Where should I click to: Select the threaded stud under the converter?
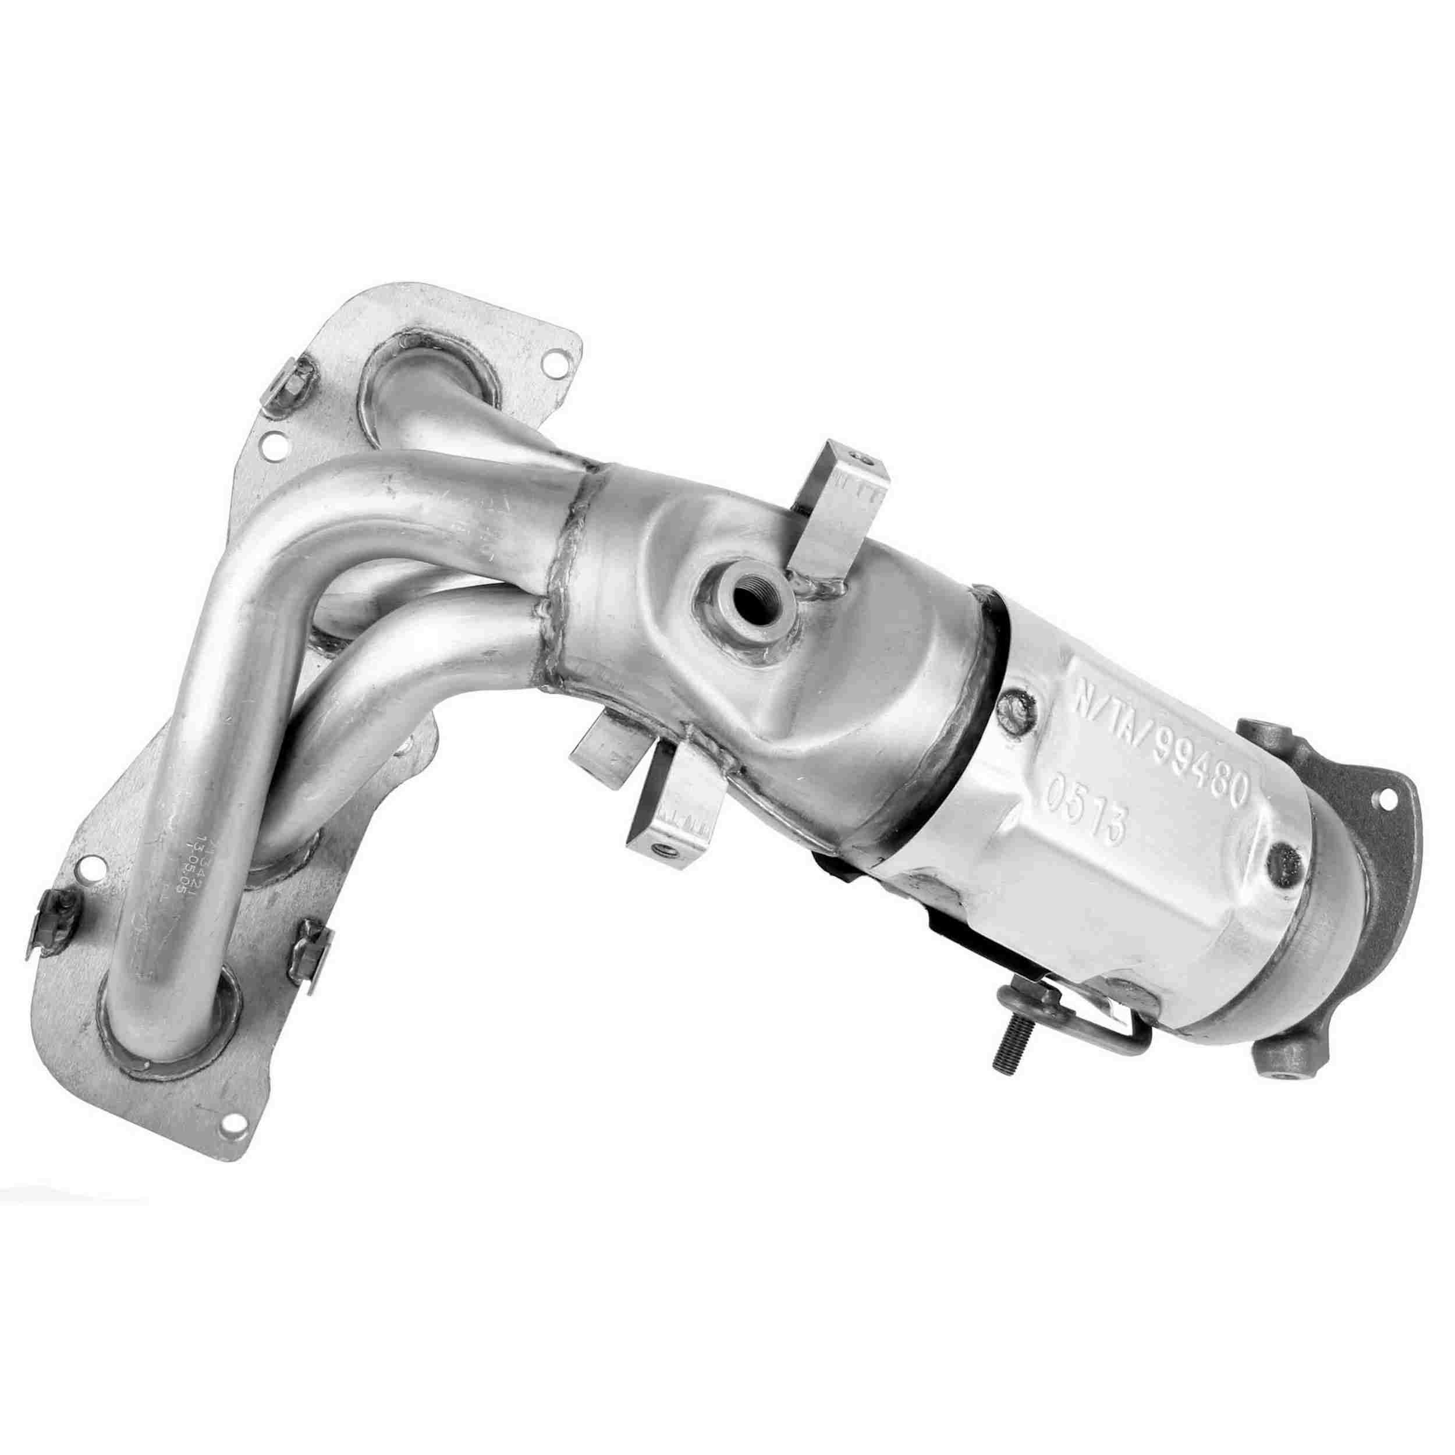(x=1009, y=1055)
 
